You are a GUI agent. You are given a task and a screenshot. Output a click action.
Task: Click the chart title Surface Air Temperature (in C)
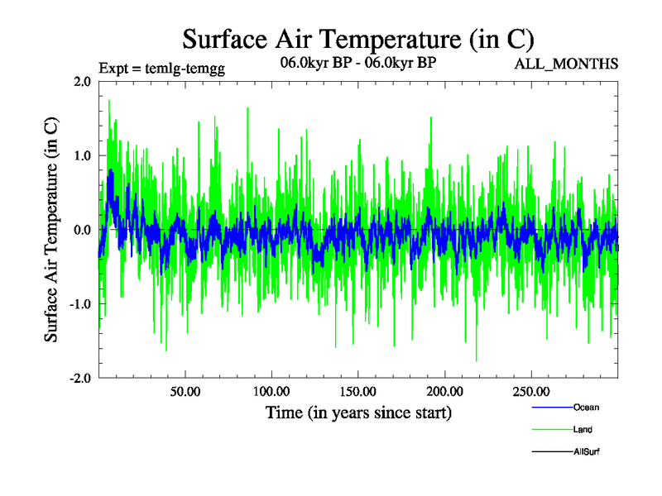[357, 40]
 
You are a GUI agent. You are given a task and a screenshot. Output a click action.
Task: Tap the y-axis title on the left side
[51, 229]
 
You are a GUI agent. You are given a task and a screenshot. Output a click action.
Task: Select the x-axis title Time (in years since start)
[358, 413]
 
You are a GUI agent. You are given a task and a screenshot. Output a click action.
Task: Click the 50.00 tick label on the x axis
[185, 391]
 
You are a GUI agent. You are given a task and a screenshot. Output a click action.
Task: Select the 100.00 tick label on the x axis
[271, 391]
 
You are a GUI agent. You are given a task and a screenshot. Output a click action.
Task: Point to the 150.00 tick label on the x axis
[357, 391]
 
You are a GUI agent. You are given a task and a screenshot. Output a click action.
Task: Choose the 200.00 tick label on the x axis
[444, 391]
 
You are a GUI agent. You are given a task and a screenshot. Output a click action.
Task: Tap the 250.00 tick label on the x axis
[530, 391]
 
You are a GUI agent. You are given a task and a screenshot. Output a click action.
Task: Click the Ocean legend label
[586, 408]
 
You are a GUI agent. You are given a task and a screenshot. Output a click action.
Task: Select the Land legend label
[583, 430]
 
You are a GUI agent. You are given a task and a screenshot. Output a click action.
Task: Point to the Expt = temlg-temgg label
[161, 68]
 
